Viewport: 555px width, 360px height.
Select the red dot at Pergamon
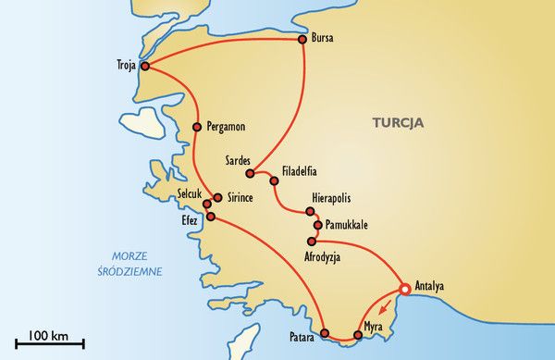196,127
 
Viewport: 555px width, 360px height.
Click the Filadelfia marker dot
274,180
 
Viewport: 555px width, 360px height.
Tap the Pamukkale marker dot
317,225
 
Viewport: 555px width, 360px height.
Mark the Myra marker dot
356,334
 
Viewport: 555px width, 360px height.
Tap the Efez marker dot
211,217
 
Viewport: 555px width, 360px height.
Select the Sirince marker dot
217,197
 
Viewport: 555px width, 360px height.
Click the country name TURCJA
398,121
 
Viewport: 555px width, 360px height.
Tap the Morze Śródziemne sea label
134,264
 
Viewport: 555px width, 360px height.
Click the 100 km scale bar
43,344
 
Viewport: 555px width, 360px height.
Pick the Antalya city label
431,286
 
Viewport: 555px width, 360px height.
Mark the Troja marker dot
144,66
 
